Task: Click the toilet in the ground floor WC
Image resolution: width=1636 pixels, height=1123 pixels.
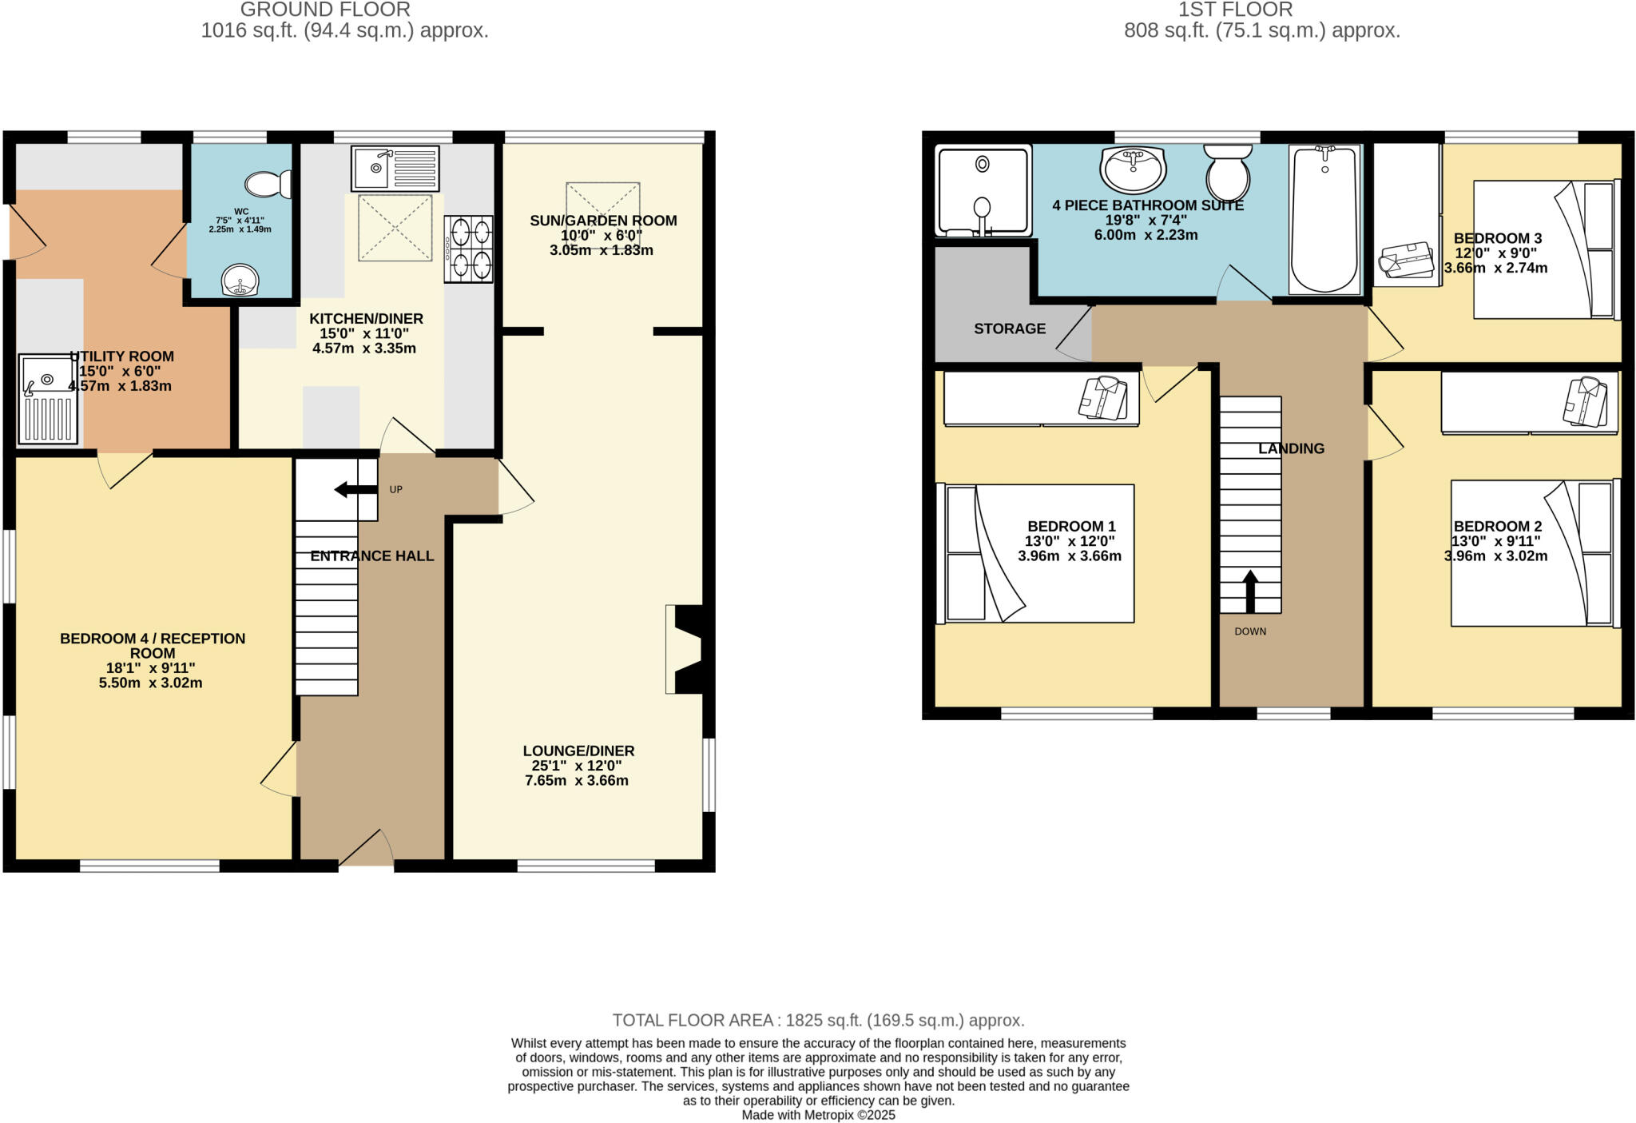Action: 268,185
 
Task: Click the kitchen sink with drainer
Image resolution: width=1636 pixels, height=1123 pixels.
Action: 395,168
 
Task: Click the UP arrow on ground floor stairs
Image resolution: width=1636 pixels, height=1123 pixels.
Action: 355,489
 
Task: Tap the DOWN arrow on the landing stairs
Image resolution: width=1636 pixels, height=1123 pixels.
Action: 1250,591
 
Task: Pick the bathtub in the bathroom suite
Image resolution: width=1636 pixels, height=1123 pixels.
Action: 1324,220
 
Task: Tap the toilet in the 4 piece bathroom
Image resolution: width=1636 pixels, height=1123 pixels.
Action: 1228,172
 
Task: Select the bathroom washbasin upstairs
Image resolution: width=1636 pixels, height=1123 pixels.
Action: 1133,169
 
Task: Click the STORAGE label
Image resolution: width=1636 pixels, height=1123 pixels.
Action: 1009,329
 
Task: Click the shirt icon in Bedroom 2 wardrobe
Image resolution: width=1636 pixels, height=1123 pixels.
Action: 1584,401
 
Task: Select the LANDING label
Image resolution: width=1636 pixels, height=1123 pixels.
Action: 1291,448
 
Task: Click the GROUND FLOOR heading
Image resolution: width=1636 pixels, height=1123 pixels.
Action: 325,10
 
